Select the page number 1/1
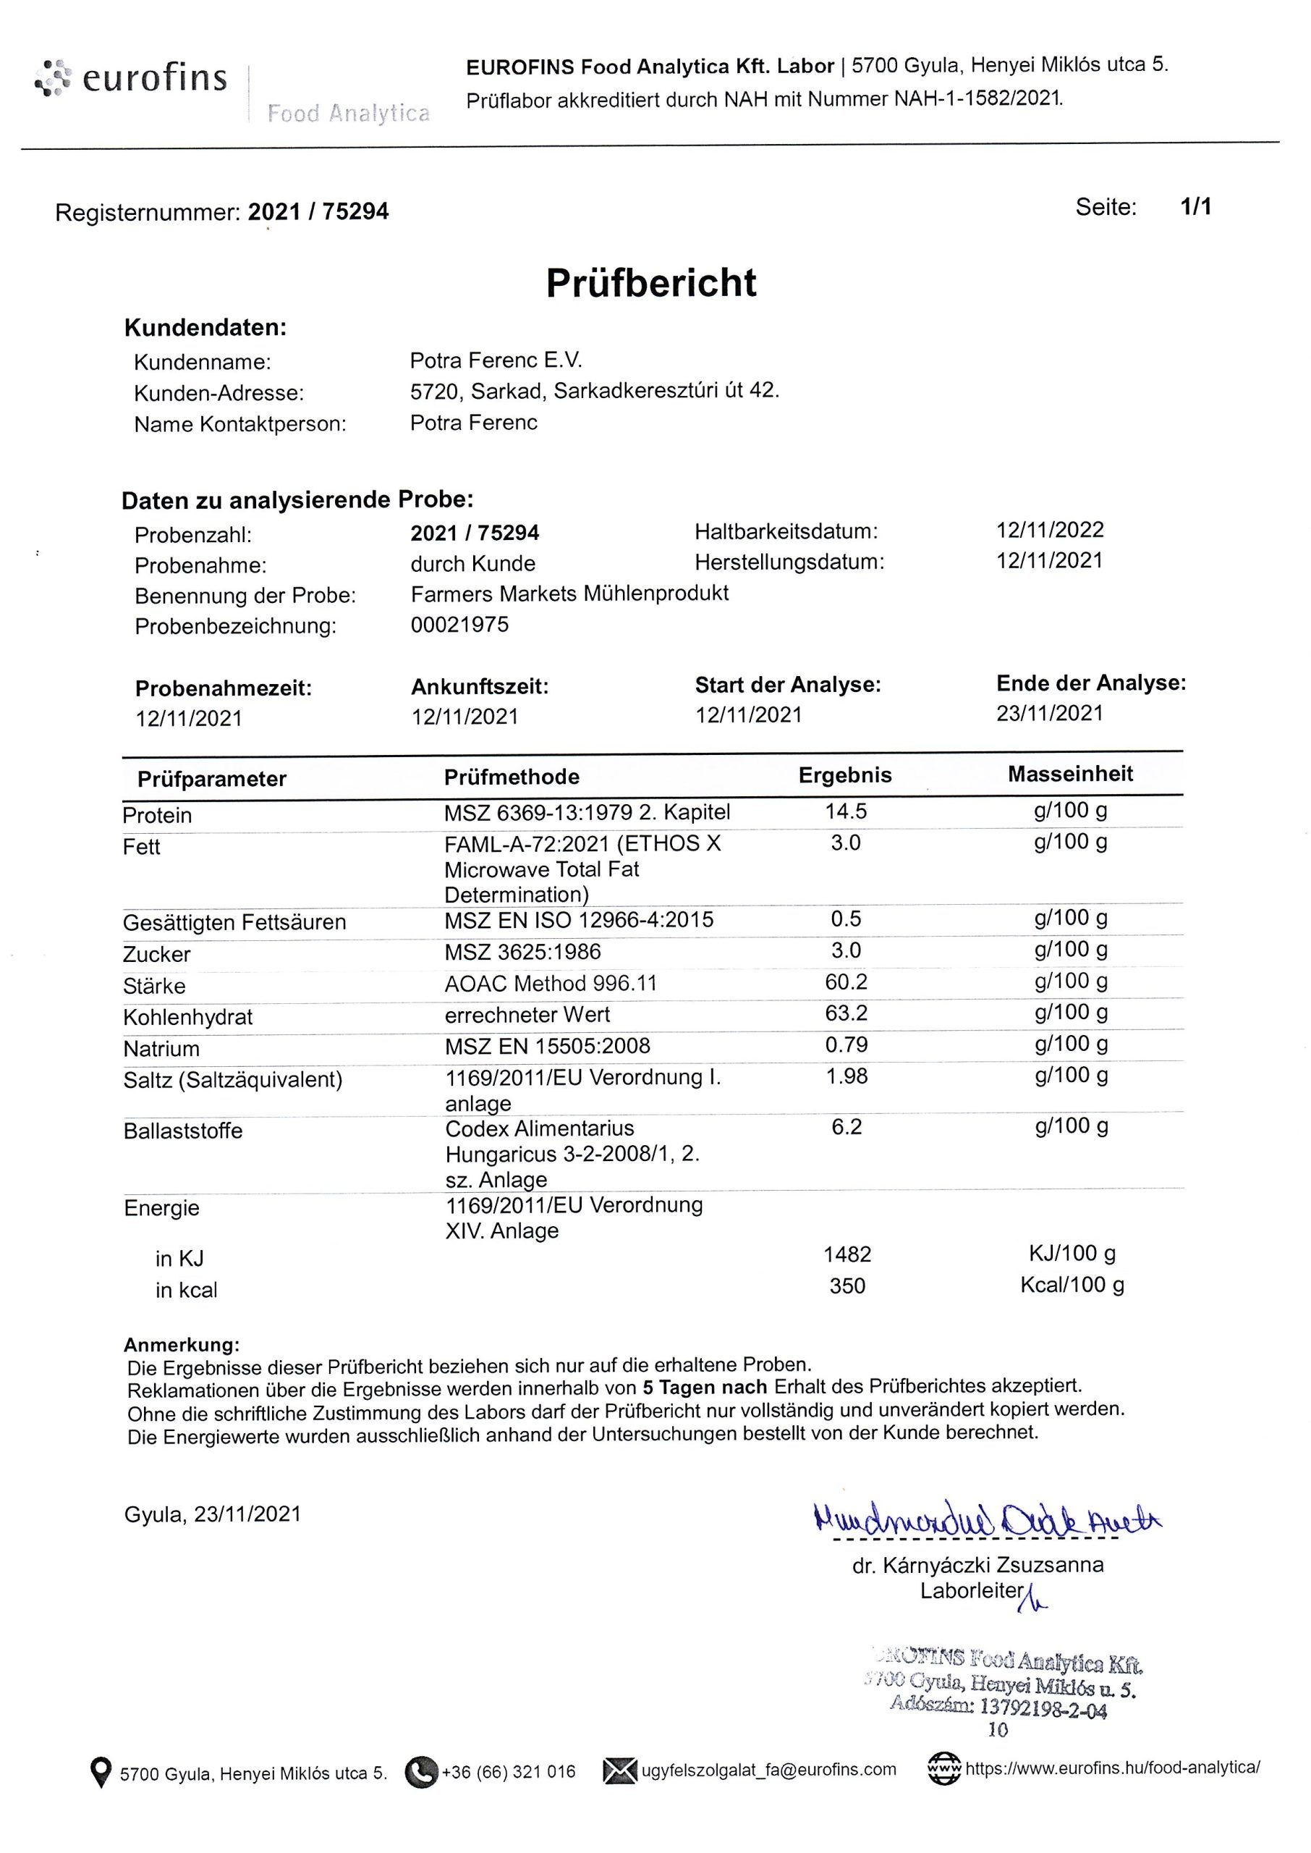click(x=1195, y=208)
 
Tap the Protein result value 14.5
click(x=845, y=811)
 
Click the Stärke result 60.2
click(x=845, y=982)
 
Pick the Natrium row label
click(x=161, y=1049)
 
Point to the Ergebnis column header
click(x=844, y=775)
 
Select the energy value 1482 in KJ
click(x=847, y=1254)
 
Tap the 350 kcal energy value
click(x=847, y=1286)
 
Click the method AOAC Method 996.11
click(x=551, y=984)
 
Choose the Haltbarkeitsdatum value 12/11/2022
click(x=1049, y=530)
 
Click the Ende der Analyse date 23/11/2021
click(x=1049, y=713)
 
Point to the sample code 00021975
click(x=459, y=625)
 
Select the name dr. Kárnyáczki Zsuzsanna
click(x=977, y=1565)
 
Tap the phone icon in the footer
click(x=420, y=1771)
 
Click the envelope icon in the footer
click(x=620, y=1770)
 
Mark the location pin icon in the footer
click(x=100, y=1772)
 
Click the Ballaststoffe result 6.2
click(x=846, y=1126)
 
